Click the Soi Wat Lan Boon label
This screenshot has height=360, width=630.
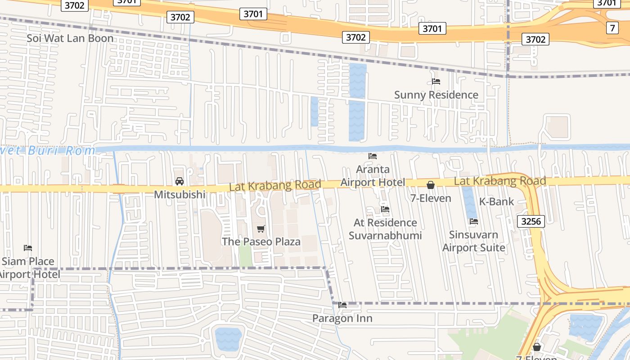coord(70,38)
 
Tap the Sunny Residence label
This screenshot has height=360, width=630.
coord(436,95)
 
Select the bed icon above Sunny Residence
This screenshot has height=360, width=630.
coord(436,81)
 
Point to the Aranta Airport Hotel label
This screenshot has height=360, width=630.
coord(373,176)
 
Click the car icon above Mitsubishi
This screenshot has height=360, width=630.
coord(180,181)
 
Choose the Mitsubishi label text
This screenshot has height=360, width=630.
coord(180,195)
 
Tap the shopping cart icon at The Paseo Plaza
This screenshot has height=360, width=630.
coord(261,229)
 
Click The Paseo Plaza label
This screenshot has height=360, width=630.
coord(261,242)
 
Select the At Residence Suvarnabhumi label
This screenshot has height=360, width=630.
coord(385,229)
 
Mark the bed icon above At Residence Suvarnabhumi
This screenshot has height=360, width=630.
coord(385,209)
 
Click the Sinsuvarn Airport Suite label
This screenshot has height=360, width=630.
coord(474,241)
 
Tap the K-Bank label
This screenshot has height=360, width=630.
coord(496,202)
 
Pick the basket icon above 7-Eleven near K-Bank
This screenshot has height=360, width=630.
coord(431,185)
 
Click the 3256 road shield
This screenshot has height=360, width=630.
coord(531,221)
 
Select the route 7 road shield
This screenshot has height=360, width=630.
coord(612,28)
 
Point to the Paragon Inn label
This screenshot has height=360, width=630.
coord(342,319)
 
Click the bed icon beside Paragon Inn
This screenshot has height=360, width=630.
coord(342,305)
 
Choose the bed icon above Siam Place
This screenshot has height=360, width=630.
coord(28,248)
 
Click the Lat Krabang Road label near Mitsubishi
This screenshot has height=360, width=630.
coord(275,185)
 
